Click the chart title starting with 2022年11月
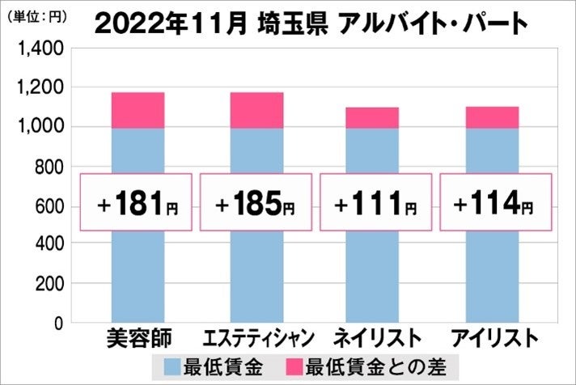pyautogui.click(x=311, y=23)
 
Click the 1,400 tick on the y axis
pyautogui.click(x=41, y=49)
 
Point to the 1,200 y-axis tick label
pyautogui.click(x=41, y=87)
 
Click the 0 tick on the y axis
pyautogui.click(x=58, y=324)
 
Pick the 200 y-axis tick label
pyautogui.click(x=49, y=285)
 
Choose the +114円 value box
pyautogui.click(x=493, y=203)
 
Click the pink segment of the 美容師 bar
pyautogui.click(x=138, y=110)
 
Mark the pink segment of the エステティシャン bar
pyautogui.click(x=256, y=110)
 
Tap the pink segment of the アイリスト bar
pyautogui.click(x=493, y=117)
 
